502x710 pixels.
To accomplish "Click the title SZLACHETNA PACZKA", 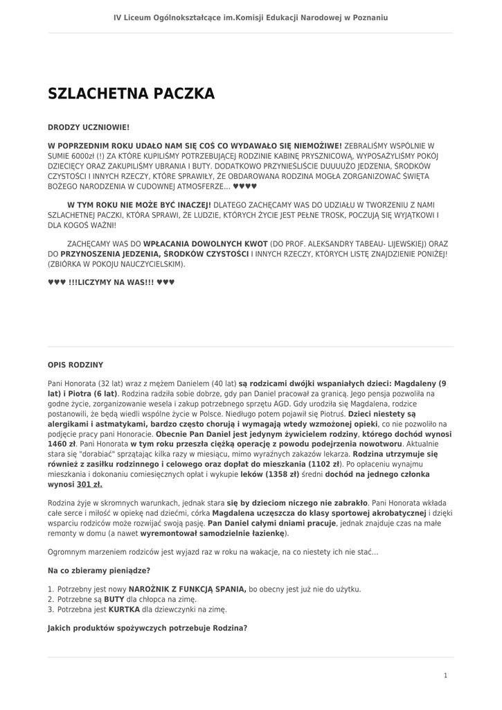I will pyautogui.click(x=131, y=94).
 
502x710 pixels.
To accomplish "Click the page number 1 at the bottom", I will pyautogui.click(x=445, y=675).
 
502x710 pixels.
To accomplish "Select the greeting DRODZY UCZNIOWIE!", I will pyautogui.click(x=88, y=128).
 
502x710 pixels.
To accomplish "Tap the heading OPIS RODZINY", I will pyautogui.click(x=75, y=364).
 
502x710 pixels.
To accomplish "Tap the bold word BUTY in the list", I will pyautogui.click(x=114, y=599).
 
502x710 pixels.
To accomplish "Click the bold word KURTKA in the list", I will pyautogui.click(x=124, y=609).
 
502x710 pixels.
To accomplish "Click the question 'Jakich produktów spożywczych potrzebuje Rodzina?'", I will pyautogui.click(x=147, y=628).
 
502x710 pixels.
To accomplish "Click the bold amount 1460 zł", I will pyautogui.click(x=62, y=443).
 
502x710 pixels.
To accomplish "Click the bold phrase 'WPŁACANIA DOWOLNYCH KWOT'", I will pyautogui.click(x=206, y=244).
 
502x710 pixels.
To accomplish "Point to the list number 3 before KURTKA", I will pyautogui.click(x=51, y=609).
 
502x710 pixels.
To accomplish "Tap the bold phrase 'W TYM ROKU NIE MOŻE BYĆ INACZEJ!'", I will pyautogui.click(x=139, y=205).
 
